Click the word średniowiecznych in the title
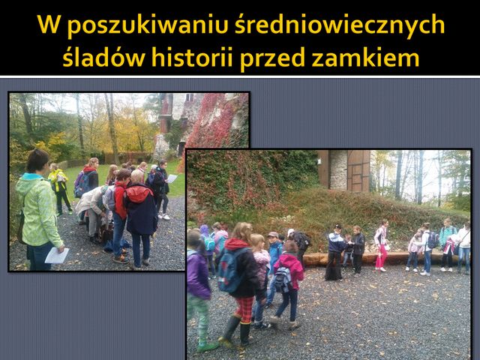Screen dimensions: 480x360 pos(340,25)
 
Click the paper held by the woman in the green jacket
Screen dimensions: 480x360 pos(57,255)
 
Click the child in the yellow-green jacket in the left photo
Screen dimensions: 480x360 pos(59,189)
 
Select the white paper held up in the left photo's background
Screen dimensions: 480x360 pos(172,178)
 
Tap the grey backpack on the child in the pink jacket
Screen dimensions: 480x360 pos(283,279)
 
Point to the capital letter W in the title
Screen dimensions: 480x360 pos(49,24)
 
